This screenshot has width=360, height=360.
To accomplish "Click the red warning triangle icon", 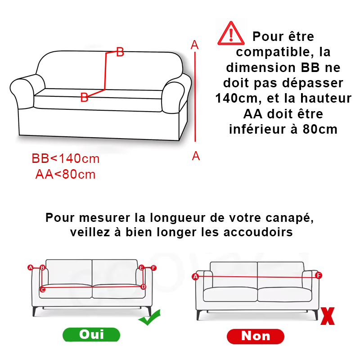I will [x=231, y=34].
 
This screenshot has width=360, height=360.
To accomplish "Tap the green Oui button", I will [x=91, y=334].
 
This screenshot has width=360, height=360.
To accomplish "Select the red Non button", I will [x=256, y=336].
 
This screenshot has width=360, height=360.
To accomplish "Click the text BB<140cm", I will [x=66, y=159].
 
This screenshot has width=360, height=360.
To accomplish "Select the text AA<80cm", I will [x=66, y=174].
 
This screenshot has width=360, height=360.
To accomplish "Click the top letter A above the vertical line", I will [x=195, y=45].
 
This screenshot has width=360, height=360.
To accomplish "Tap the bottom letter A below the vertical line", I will [x=196, y=156].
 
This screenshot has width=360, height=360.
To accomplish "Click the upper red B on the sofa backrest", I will [x=120, y=52].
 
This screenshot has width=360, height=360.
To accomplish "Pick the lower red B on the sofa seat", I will [x=84, y=97].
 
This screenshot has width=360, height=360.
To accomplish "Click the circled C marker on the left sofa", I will [x=42, y=289].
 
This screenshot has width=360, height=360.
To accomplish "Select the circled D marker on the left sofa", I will [x=143, y=287].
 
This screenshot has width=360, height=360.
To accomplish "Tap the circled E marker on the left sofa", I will [x=142, y=268].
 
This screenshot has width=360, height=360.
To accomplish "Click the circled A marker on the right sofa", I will [x=195, y=277].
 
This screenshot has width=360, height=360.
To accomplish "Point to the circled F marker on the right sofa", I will [x=319, y=275].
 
